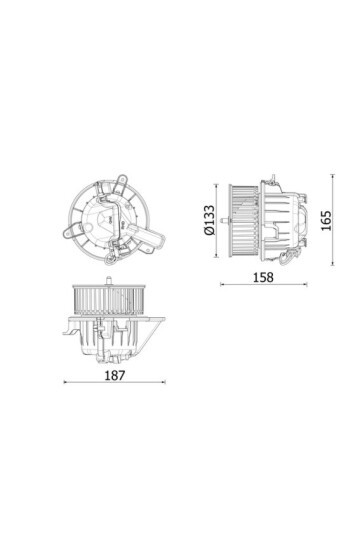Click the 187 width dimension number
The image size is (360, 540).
pyautogui.click(x=115, y=376)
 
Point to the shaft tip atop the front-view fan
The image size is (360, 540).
pyautogui.click(x=106, y=272)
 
